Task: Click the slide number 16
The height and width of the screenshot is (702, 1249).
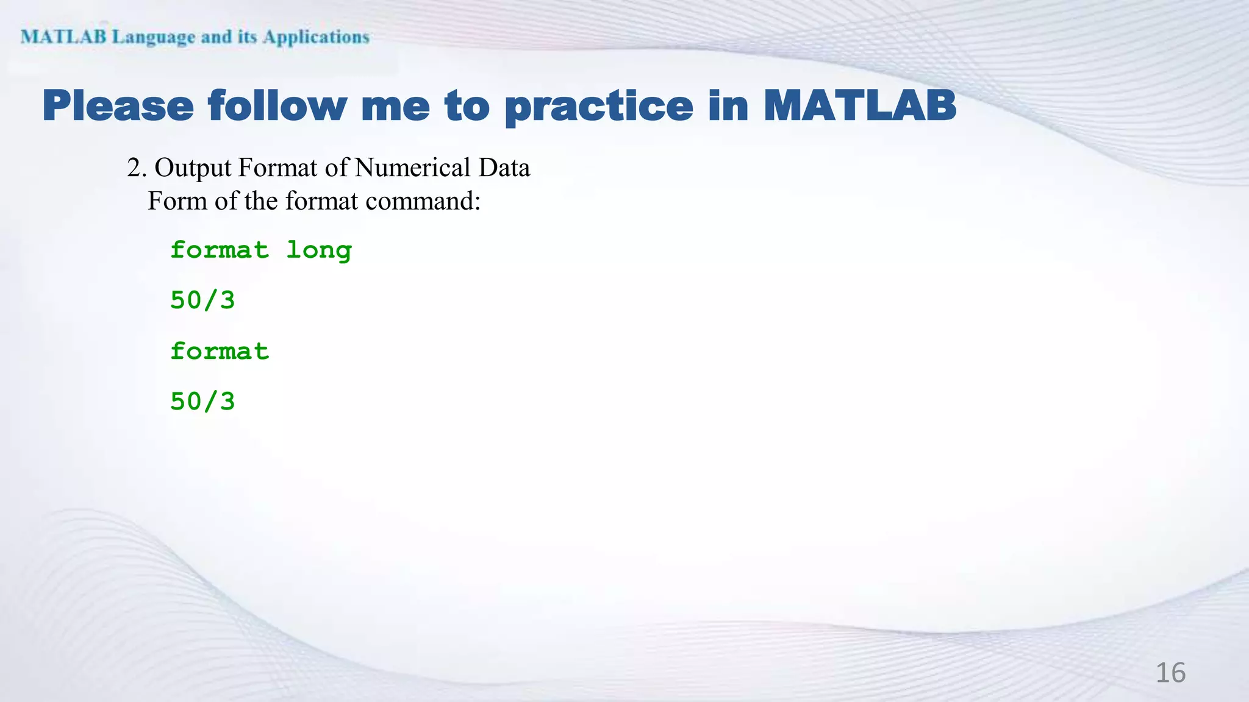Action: [1170, 673]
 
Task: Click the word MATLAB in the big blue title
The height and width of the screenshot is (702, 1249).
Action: [859, 106]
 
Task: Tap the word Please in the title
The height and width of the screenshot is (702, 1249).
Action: [118, 106]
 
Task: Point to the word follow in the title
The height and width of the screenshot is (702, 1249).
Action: [277, 106]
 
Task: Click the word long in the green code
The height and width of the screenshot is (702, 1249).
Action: [319, 250]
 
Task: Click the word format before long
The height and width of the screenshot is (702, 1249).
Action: [220, 250]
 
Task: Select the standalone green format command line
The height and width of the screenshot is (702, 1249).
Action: [220, 351]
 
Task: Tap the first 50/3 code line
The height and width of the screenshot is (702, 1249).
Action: [202, 300]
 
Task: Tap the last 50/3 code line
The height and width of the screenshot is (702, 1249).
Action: [202, 402]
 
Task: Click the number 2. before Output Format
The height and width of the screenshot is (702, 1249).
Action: [136, 168]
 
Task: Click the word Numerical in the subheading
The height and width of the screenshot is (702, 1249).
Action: [412, 168]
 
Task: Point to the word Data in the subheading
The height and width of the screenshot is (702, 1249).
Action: [504, 168]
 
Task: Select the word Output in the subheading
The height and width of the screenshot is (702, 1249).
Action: [193, 168]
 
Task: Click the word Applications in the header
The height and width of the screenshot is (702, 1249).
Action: [316, 37]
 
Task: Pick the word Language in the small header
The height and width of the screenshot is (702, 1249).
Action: [154, 37]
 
